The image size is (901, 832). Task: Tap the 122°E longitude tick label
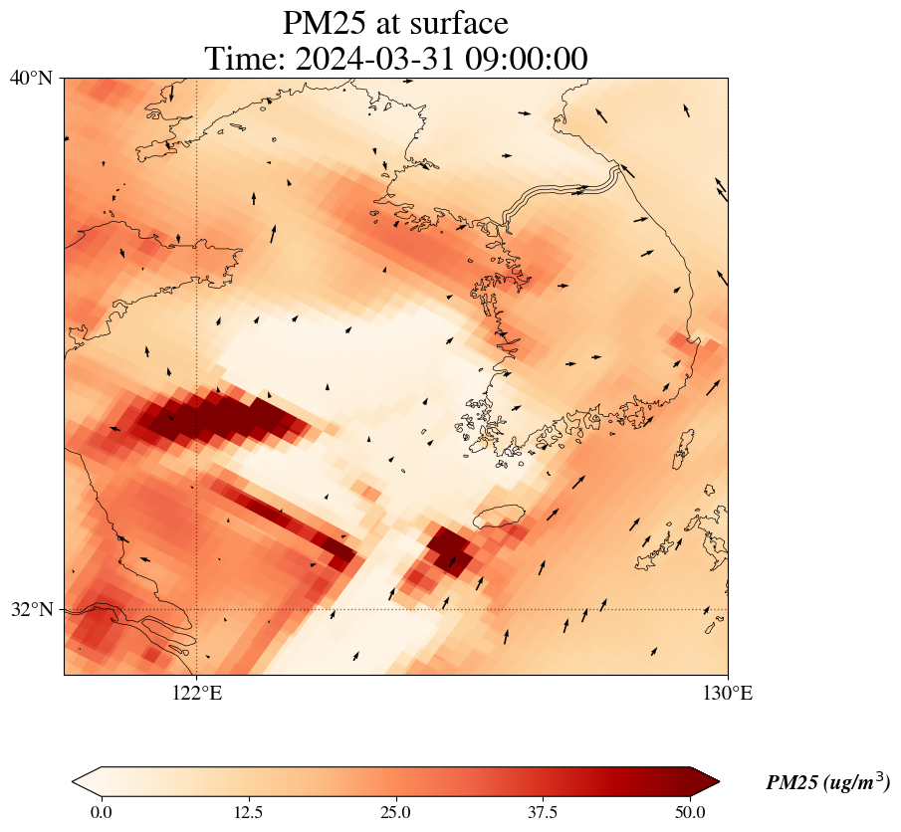[x=197, y=694]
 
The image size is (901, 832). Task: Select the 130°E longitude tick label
[x=728, y=694]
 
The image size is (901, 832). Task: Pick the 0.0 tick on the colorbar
[x=101, y=812]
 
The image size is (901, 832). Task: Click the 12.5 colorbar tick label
[x=248, y=812]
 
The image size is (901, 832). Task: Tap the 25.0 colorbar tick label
[x=395, y=812]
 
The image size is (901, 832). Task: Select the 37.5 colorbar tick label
[x=543, y=812]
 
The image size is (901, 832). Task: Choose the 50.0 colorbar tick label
[x=690, y=812]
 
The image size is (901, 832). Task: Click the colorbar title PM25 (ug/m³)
[x=827, y=783]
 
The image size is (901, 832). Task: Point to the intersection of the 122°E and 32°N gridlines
[x=197, y=610]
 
